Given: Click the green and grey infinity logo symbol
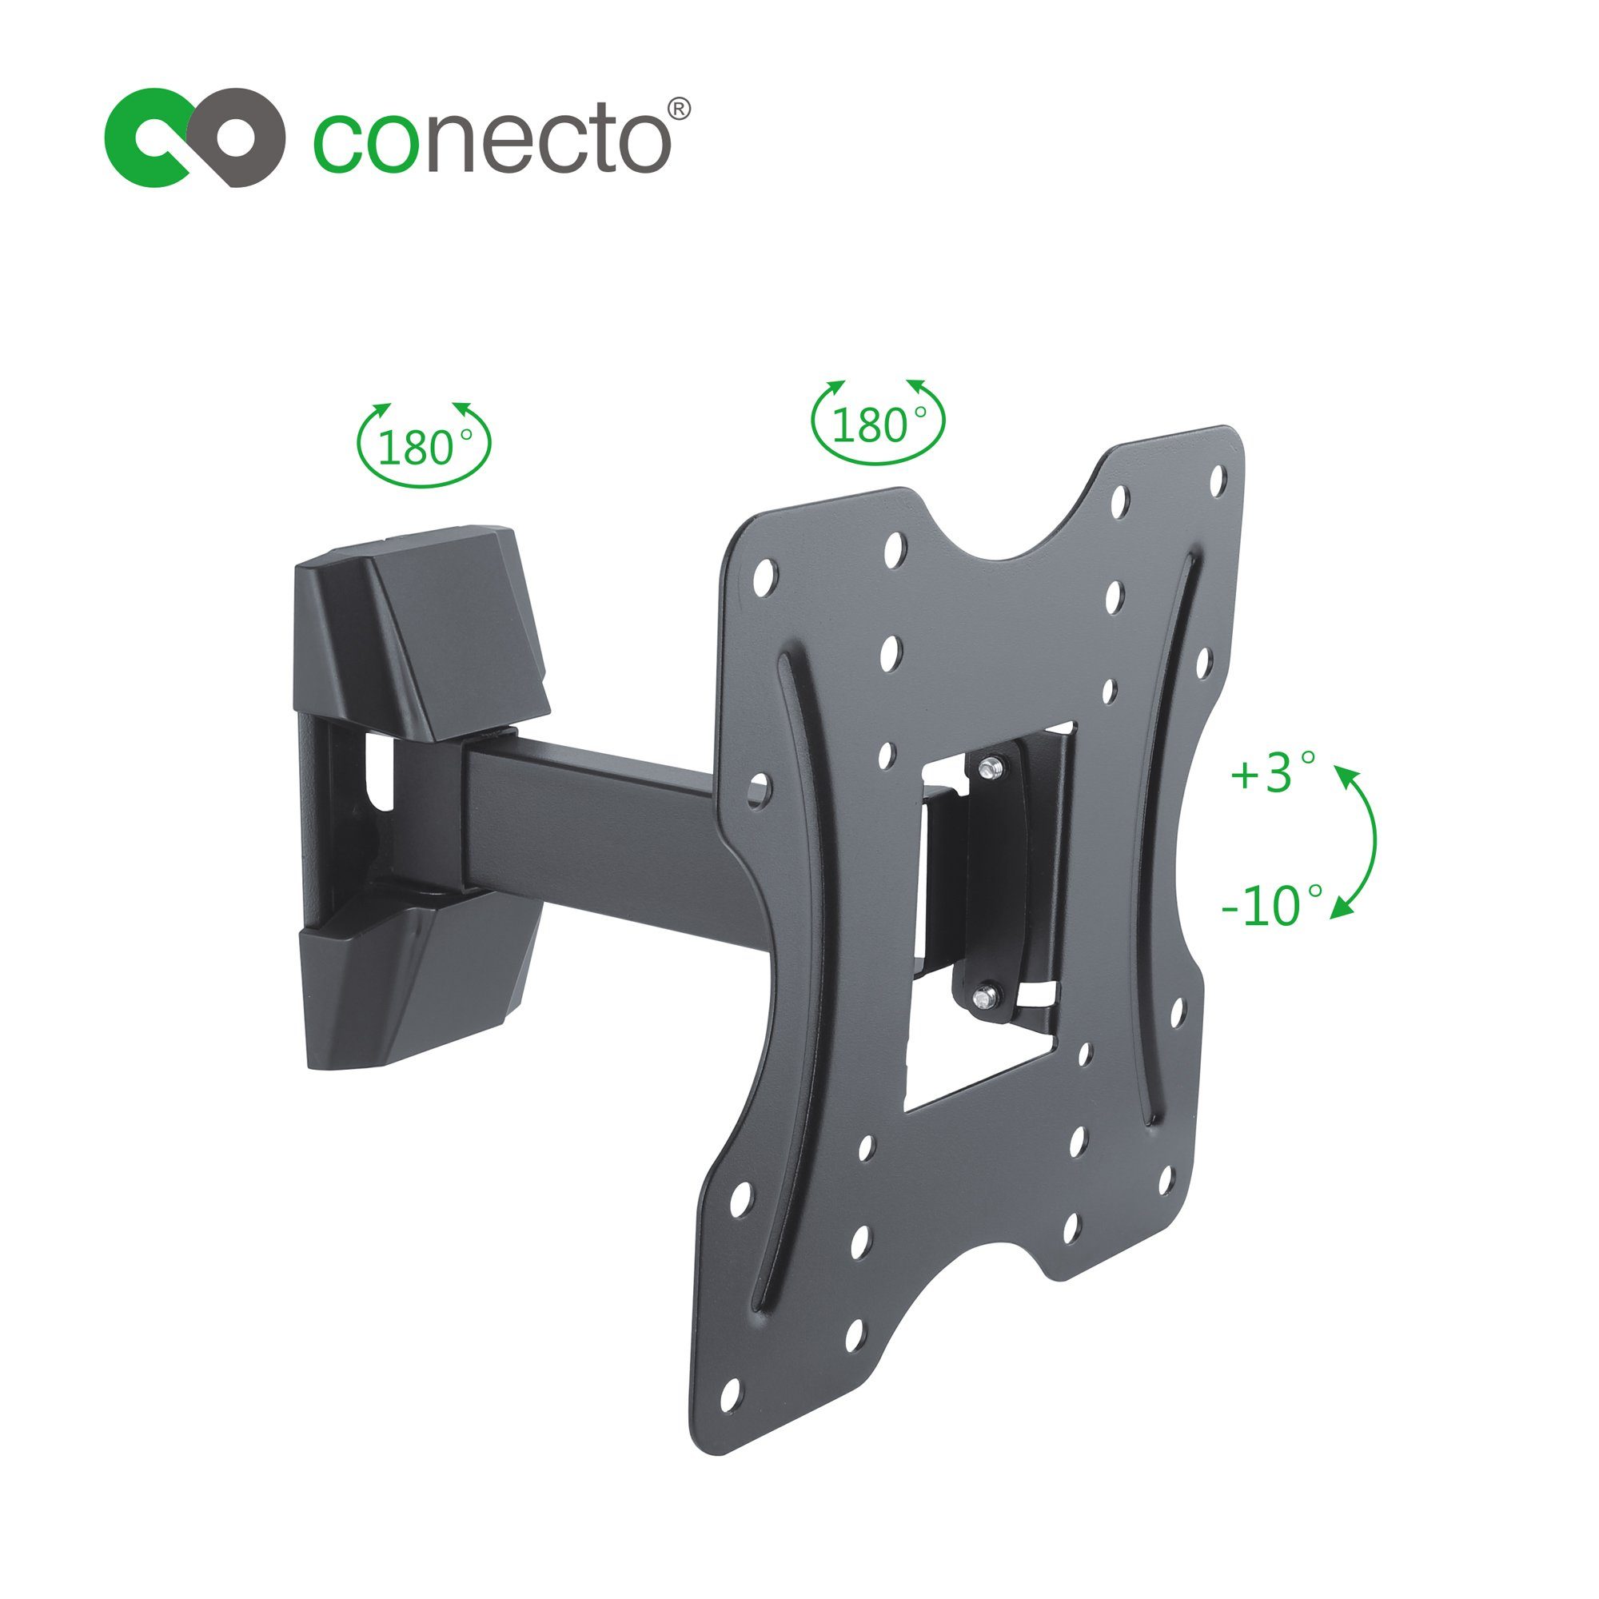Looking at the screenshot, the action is click(x=195, y=138).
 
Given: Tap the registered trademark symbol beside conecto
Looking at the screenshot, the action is click(x=679, y=110).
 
